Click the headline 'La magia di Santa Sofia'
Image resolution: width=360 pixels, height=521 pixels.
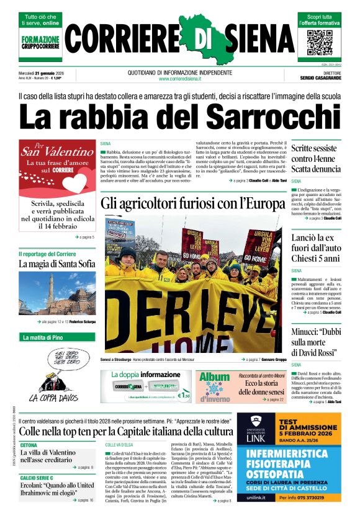point(56,264)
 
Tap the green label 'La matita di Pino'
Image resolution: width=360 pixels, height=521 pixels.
point(43,337)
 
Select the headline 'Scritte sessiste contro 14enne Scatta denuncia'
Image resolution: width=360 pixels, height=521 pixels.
point(316,158)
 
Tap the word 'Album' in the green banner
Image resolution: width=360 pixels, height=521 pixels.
point(214,377)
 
